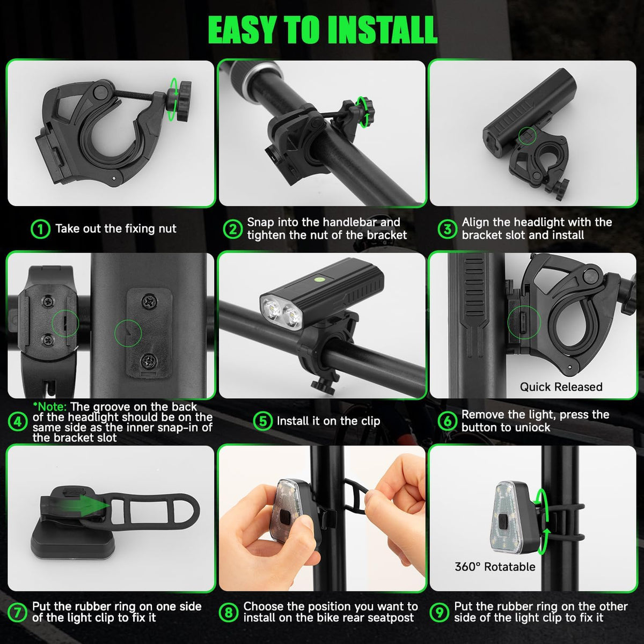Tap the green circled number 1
[40, 229]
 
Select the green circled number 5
[263, 421]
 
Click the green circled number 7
[17, 612]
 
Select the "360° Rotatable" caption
[495, 567]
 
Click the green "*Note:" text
[50, 407]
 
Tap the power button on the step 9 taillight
[503, 519]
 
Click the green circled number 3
[447, 229]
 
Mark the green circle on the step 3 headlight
[528, 136]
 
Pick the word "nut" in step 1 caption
[166, 229]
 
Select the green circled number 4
[17, 422]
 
